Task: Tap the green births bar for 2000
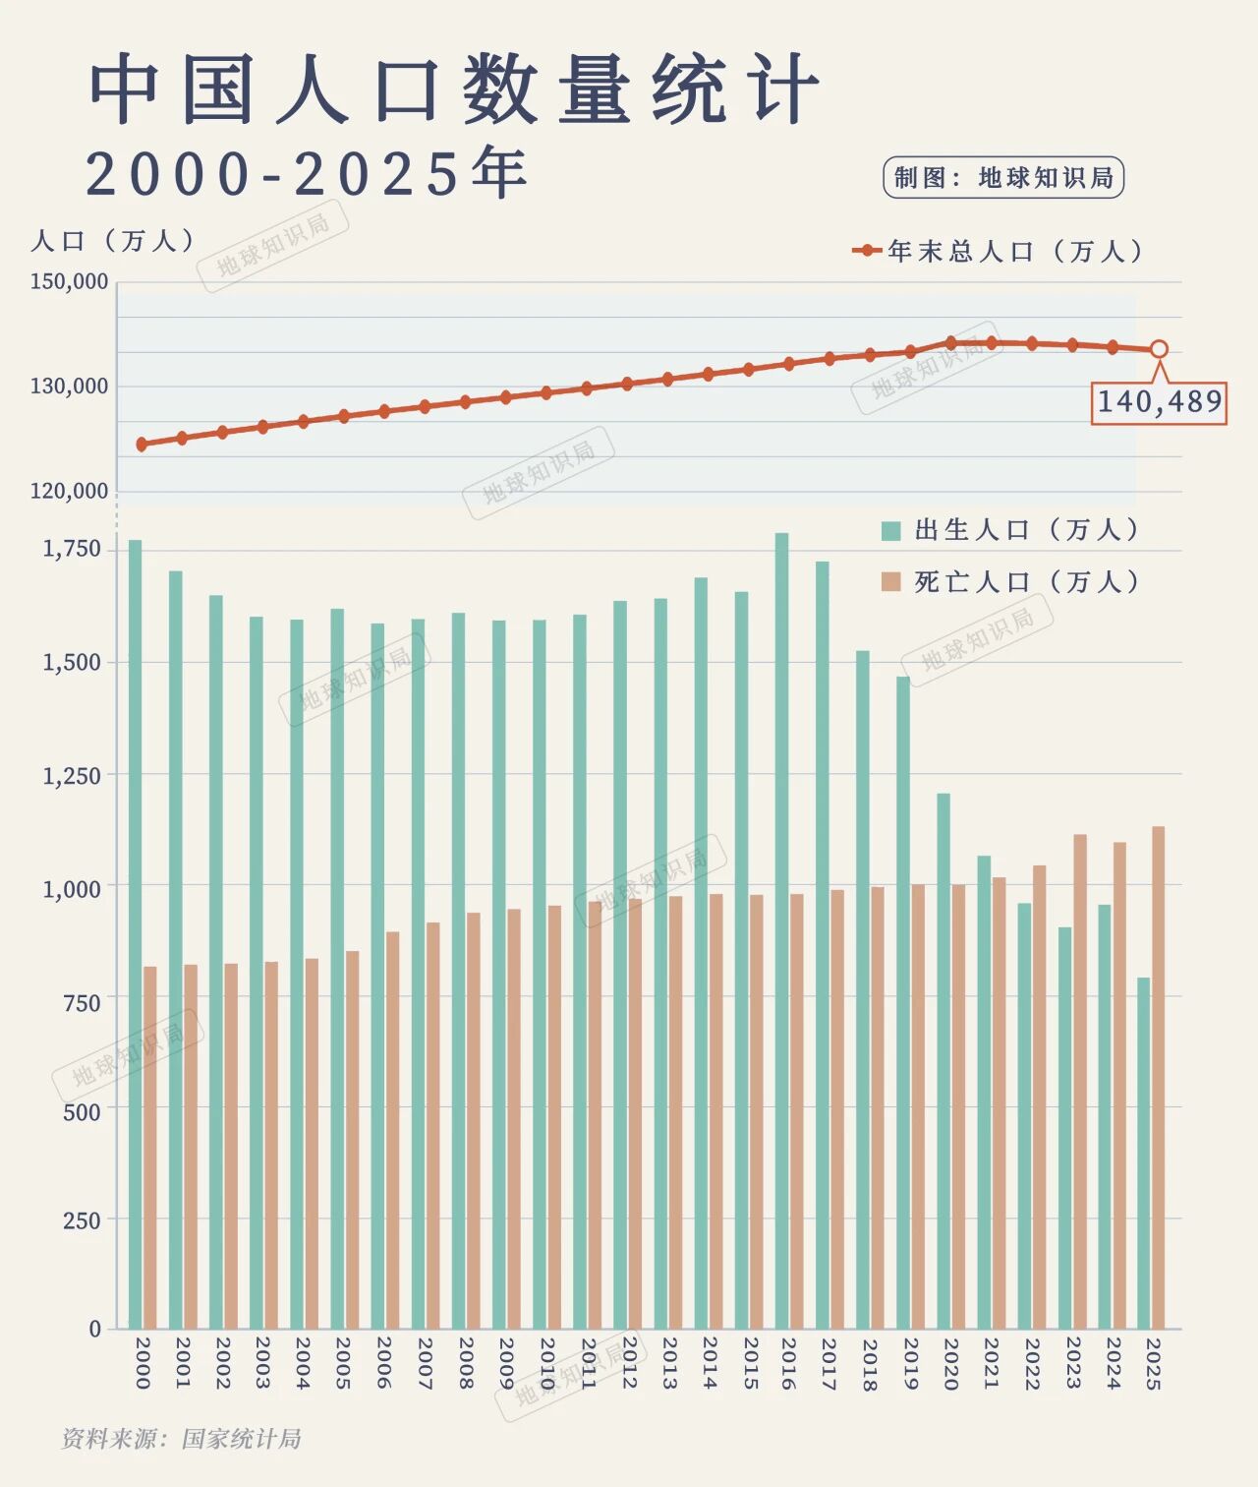coord(136,934)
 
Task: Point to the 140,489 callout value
coord(1160,402)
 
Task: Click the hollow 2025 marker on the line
coord(1159,349)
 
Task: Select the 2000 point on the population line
coord(142,445)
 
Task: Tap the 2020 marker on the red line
coord(950,343)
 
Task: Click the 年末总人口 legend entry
coord(1001,252)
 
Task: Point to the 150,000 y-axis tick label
coord(69,282)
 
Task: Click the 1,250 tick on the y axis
coord(72,776)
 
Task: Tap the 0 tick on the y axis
coord(95,1329)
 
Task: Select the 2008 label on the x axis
coord(465,1362)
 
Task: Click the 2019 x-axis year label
coord(910,1362)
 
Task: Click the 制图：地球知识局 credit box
coord(1003,178)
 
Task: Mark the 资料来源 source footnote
coord(182,1439)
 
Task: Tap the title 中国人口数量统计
coord(454,90)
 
